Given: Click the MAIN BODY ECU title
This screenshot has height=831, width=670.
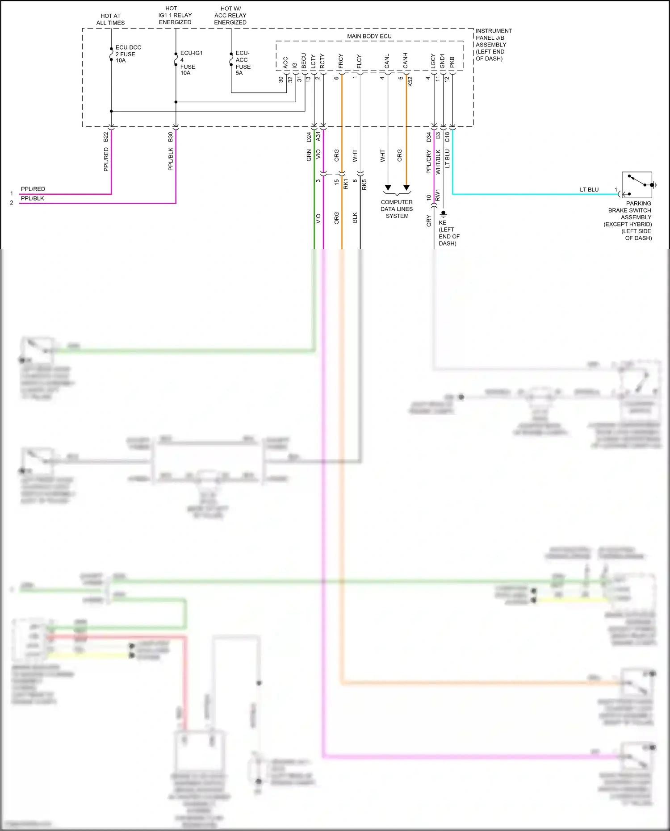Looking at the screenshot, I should click(369, 36).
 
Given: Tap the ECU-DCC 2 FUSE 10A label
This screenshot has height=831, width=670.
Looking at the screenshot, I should click(128, 54).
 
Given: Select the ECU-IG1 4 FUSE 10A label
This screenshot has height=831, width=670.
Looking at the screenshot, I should click(191, 63).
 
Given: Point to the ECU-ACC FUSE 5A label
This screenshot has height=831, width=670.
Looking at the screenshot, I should click(243, 63).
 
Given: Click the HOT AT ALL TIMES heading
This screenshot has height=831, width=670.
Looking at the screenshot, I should click(110, 19).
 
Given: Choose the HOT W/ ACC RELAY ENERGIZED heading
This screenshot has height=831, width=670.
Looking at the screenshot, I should click(230, 15).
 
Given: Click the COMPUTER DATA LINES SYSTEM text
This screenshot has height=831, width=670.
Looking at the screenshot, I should click(397, 209).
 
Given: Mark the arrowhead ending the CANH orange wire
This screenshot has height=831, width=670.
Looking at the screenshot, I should click(406, 188).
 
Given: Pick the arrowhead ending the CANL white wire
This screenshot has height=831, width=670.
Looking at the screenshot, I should click(388, 188).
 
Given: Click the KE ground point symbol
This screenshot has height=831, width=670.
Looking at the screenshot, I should click(443, 214).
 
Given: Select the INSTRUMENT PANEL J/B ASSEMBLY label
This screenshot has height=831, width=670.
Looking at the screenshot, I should click(493, 45).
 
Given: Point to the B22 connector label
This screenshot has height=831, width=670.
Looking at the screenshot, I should click(106, 137).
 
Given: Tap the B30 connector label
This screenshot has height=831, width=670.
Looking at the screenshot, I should click(170, 137).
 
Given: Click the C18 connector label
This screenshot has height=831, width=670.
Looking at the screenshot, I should click(447, 137).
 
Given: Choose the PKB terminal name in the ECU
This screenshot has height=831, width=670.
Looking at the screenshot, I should click(452, 62).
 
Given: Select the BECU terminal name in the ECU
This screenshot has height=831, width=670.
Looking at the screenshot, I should click(304, 61).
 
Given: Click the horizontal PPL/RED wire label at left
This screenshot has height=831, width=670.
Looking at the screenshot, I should click(33, 189).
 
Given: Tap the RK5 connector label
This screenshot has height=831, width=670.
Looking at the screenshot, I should click(364, 184).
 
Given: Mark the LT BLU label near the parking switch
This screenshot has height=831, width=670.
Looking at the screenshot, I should click(589, 190).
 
